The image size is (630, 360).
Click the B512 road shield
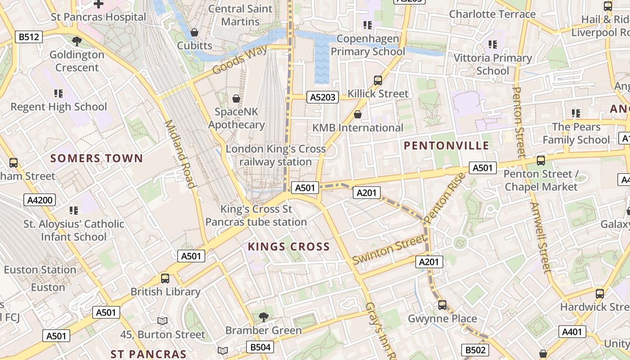tap(29, 37)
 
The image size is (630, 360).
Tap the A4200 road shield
tap(40, 200)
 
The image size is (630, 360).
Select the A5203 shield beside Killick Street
tap(323, 97)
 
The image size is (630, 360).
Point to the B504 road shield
tap(260, 347)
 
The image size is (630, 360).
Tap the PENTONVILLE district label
tap(446, 145)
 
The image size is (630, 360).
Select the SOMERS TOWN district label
tap(96, 158)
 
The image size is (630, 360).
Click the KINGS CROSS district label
tap(289, 247)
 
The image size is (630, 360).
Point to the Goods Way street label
tap(236, 61)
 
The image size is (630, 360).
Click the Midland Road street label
tap(180, 153)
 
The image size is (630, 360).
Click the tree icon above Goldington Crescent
tap(77, 41)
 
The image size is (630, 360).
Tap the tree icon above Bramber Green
tap(264, 317)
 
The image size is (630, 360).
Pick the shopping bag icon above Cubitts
tap(194, 32)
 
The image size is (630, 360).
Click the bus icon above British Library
tap(165, 278)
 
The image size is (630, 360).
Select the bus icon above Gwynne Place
tap(442, 305)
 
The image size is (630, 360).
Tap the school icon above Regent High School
tap(58, 94)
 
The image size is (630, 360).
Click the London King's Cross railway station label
tap(275, 155)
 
